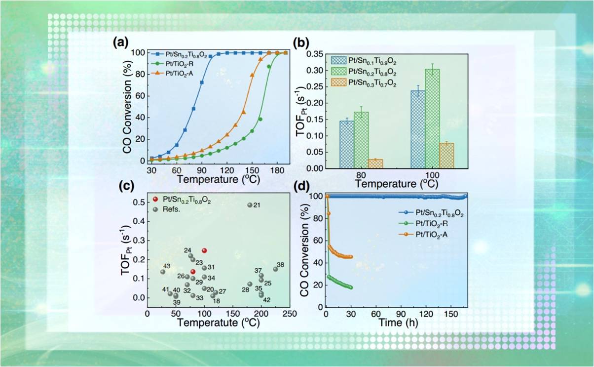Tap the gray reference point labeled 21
[250, 205]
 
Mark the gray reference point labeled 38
[275, 269]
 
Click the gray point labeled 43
[163, 272]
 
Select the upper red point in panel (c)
[204, 250]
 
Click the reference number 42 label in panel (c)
[267, 300]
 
